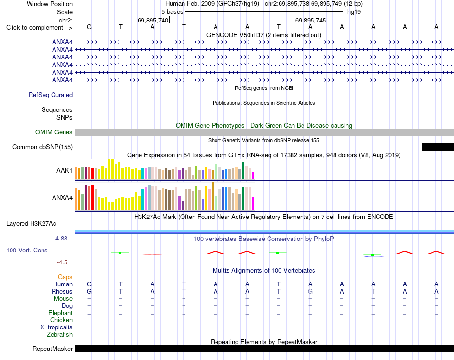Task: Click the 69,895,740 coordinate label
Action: pos(153,20)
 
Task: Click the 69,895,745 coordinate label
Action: pos(311,20)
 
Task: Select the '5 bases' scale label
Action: pos(172,12)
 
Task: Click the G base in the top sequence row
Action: pos(89,27)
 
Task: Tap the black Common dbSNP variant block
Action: pos(437,147)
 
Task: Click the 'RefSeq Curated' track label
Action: pos(51,95)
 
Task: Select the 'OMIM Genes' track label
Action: pos(54,132)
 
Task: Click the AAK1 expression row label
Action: pos(65,170)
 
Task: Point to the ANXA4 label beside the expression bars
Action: pos(62,197)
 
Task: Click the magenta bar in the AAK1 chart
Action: pos(253,175)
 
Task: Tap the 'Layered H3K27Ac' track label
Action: pos(31,224)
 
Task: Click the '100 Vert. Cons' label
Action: pos(27,250)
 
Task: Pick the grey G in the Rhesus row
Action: pos(310,291)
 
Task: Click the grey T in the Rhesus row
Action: pos(373,291)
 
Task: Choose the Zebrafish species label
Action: pos(60,334)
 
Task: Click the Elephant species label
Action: pos(60,313)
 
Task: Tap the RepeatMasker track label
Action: pos(53,349)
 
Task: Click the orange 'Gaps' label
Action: pos(65,277)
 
